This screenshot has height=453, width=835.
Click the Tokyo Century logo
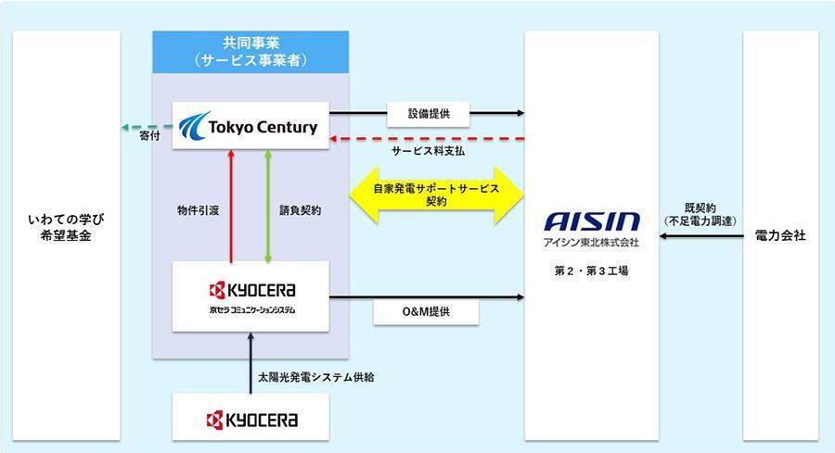(251, 126)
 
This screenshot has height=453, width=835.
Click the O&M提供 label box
(426, 312)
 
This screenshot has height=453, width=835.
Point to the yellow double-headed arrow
(436, 195)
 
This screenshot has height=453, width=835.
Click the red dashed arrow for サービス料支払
(427, 139)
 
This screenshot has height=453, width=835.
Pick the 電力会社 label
(780, 236)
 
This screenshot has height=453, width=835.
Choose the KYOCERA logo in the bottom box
(250, 420)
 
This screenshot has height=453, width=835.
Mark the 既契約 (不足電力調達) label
(700, 212)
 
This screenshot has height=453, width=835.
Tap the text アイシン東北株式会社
(591, 244)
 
